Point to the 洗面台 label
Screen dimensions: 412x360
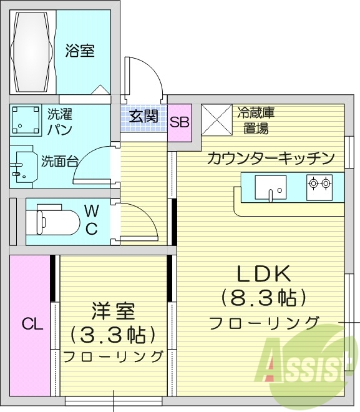click(x=60, y=161)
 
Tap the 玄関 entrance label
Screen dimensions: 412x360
click(x=144, y=116)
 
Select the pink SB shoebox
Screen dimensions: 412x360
click(x=180, y=121)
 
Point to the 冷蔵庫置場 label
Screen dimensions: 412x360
click(x=256, y=121)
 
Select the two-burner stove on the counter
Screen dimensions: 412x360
click(x=320, y=184)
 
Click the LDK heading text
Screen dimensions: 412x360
click(x=263, y=273)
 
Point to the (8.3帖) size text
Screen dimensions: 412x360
click(x=263, y=297)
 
